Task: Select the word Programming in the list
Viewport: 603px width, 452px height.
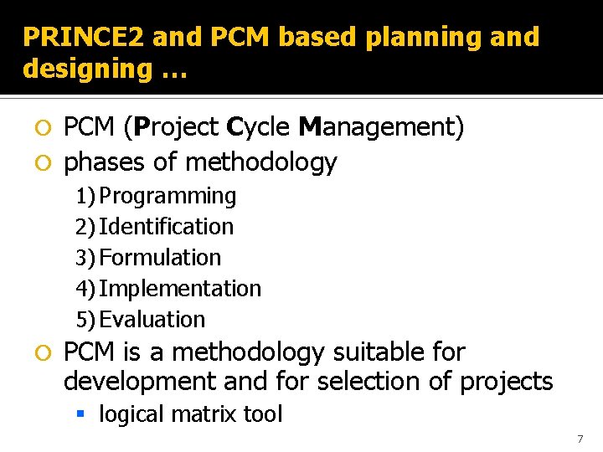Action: [x=167, y=196]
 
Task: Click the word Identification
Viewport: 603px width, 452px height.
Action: [x=166, y=227]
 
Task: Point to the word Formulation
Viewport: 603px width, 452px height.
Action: [x=160, y=258]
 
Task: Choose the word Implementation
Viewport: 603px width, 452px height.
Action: [x=180, y=289]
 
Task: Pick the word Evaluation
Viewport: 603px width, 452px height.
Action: [x=152, y=320]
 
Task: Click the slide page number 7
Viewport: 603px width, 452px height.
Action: [x=580, y=439]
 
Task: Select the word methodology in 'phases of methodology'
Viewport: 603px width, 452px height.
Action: [x=261, y=162]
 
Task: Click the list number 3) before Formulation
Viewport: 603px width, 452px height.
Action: [x=85, y=258]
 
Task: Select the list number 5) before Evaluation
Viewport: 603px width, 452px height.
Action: [x=85, y=320]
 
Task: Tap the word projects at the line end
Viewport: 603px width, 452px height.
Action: [x=506, y=383]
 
